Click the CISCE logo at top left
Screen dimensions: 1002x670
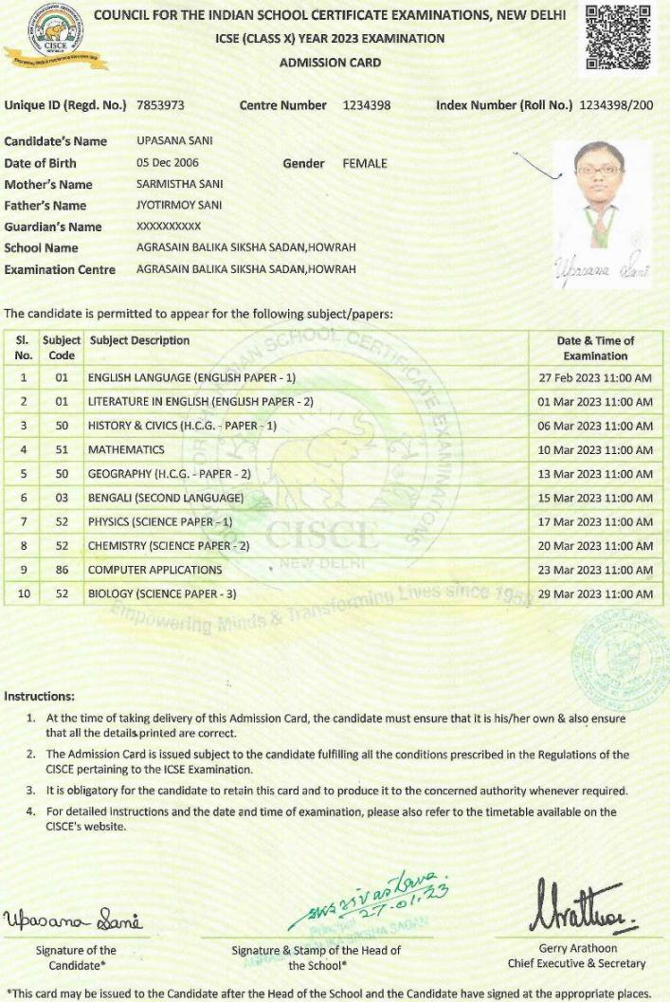click(x=56, y=35)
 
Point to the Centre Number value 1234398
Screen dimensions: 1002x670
click(x=366, y=105)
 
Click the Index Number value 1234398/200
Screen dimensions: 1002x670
click(x=615, y=105)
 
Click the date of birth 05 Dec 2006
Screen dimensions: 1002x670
click(x=168, y=163)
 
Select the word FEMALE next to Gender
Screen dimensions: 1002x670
click(x=365, y=163)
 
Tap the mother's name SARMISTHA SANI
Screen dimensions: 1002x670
click(x=180, y=184)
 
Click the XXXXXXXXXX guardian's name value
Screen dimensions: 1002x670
click(x=169, y=227)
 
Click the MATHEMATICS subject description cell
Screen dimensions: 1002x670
click(x=126, y=449)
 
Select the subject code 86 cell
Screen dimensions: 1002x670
click(x=62, y=570)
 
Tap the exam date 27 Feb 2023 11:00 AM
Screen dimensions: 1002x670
click(x=595, y=377)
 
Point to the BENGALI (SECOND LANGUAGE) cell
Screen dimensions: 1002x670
click(x=166, y=498)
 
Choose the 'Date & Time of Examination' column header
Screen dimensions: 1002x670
click(x=595, y=348)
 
